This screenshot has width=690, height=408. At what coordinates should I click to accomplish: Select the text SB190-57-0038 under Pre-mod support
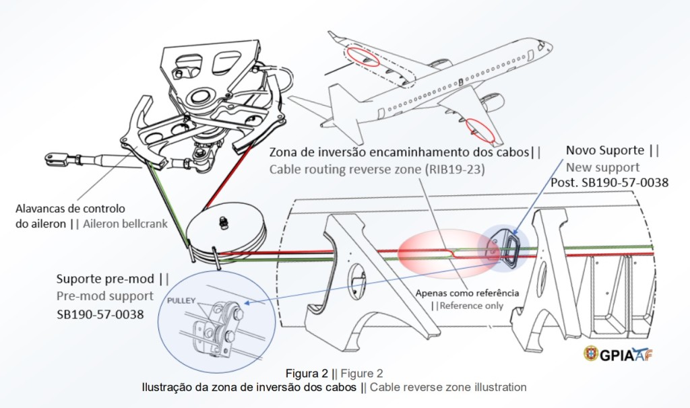coord(100,314)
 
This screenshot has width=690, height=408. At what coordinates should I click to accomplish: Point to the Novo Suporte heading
coord(602,149)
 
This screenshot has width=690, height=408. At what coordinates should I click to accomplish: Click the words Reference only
coord(472,306)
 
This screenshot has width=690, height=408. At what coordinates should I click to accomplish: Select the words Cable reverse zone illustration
coord(447,387)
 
